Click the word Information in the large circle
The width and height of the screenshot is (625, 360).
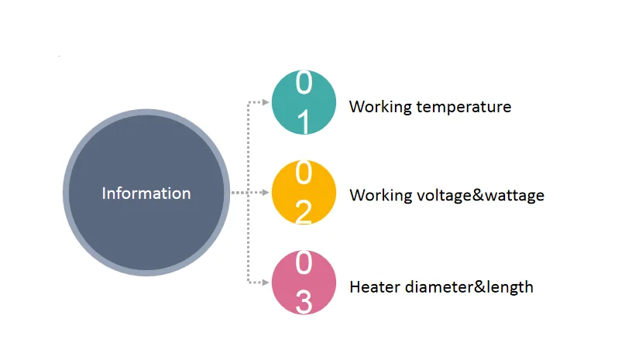(x=146, y=194)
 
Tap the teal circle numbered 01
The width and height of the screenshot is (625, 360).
(x=304, y=102)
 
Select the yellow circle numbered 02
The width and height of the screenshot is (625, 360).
(x=304, y=193)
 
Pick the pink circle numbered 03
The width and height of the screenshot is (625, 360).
(x=304, y=283)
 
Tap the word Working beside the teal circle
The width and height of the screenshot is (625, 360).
(x=380, y=107)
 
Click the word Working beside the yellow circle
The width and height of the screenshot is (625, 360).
(x=380, y=196)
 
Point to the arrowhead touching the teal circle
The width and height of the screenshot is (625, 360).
(x=265, y=101)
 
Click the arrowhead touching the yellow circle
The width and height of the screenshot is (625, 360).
(x=265, y=192)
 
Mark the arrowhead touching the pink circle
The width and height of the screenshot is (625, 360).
(x=265, y=283)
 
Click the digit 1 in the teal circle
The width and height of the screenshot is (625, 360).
(x=304, y=122)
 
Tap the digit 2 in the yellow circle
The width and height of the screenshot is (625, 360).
(x=304, y=211)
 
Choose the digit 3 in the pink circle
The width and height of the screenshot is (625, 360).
(x=304, y=302)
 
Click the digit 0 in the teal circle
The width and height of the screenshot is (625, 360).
(x=304, y=82)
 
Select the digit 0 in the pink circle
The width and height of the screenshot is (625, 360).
(x=304, y=264)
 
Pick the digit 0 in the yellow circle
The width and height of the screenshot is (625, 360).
(x=304, y=173)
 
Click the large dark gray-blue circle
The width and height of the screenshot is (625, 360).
(x=146, y=232)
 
